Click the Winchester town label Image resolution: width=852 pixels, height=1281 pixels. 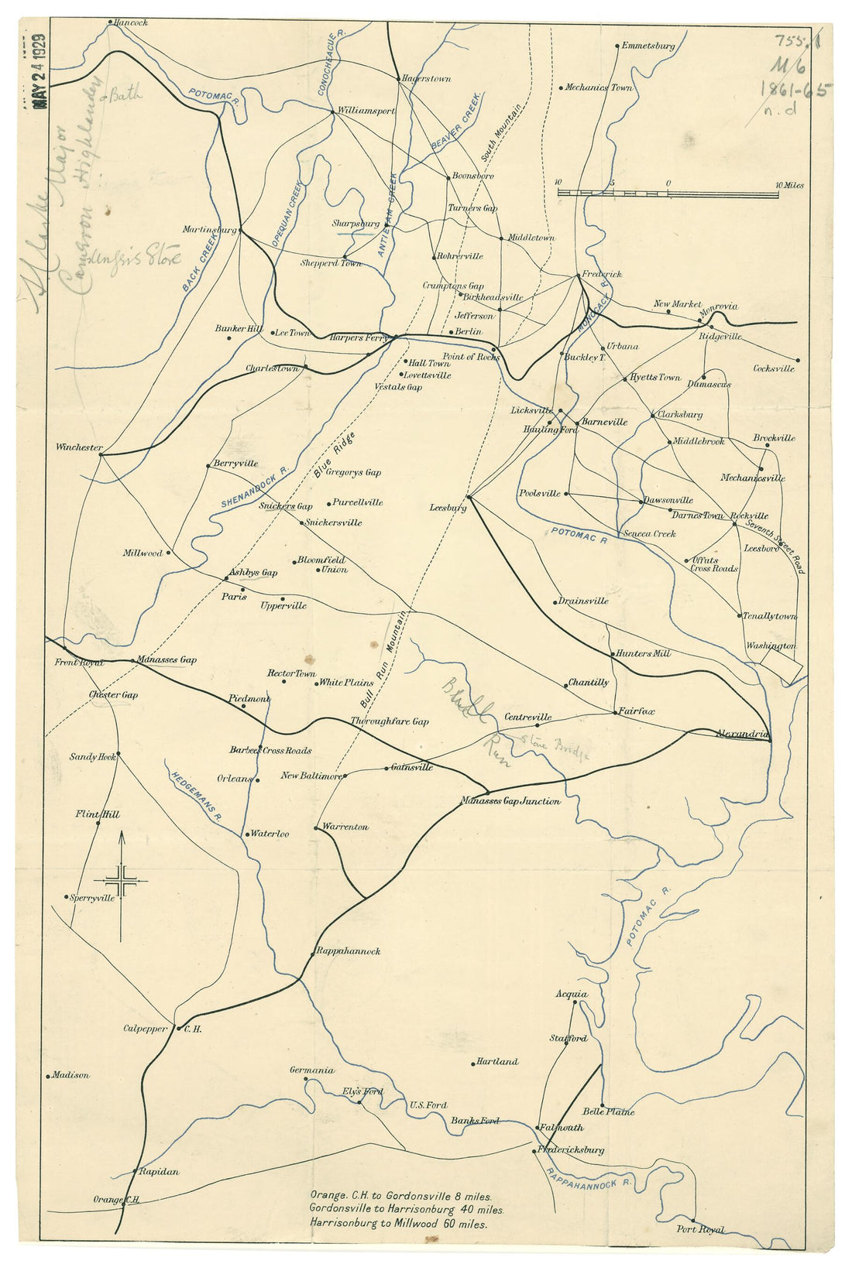click(79, 447)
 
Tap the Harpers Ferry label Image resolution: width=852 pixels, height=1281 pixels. click(358, 337)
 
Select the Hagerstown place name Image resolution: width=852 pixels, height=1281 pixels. click(427, 79)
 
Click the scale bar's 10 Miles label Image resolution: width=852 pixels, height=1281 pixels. click(790, 186)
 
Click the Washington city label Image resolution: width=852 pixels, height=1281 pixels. click(771, 646)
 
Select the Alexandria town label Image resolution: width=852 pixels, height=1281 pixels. click(742, 733)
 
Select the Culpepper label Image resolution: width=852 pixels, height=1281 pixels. click(146, 1029)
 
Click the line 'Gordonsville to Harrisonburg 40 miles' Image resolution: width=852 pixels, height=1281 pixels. click(406, 1208)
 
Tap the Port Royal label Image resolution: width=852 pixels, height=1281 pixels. click(700, 1229)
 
